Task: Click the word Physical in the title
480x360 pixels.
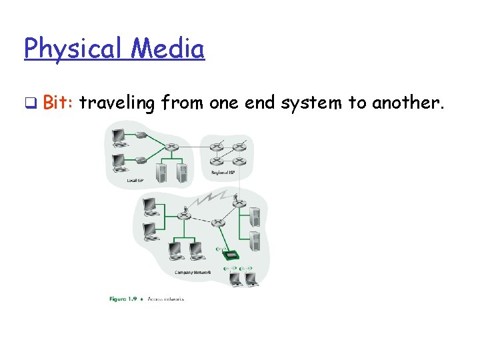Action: pos(73,49)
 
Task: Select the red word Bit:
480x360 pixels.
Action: pos(59,103)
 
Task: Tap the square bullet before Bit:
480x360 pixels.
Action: pos(29,103)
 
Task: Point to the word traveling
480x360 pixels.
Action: pos(117,103)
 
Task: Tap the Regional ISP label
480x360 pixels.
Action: pos(223,173)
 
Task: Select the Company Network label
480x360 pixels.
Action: pos(193,273)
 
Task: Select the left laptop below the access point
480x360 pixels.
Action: pos(235,279)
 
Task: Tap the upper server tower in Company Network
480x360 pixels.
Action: pos(254,217)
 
